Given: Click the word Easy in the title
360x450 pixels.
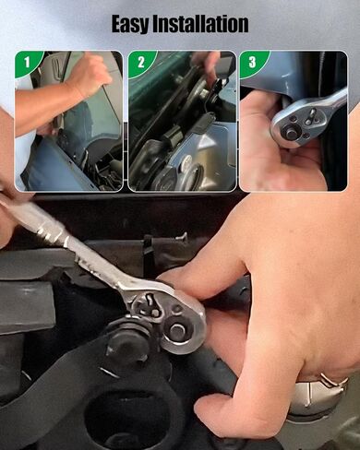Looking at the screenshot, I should tap(135, 23).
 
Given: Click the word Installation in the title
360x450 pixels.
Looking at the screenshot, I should tap(203, 23).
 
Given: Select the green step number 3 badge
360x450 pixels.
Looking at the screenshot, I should tap(250, 62).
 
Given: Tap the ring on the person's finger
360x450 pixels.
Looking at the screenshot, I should tap(335, 379).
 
